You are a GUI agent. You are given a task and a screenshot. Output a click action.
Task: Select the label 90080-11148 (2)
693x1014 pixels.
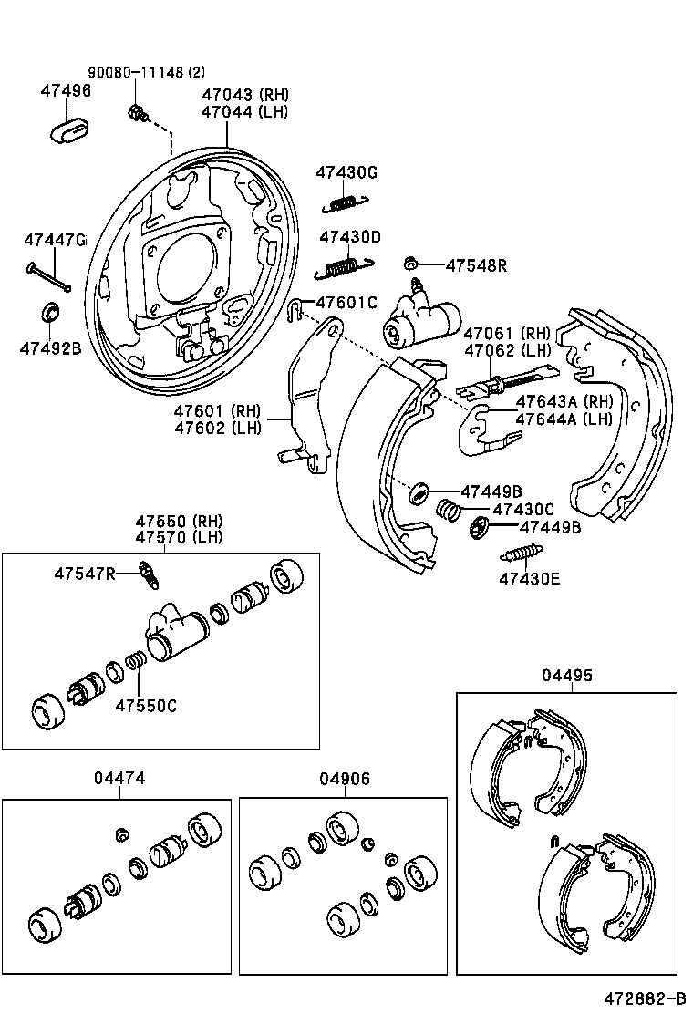(146, 72)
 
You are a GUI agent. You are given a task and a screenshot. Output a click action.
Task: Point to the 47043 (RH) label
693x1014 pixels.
(244, 95)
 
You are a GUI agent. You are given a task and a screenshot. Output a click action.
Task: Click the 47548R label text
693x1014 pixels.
(475, 265)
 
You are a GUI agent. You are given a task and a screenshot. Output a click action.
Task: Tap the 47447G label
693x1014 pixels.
(55, 240)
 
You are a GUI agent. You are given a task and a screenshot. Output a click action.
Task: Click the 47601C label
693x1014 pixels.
(346, 303)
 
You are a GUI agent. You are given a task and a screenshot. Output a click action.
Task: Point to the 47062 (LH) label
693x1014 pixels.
(506, 350)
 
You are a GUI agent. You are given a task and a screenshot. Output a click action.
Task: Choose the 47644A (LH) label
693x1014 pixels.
(564, 419)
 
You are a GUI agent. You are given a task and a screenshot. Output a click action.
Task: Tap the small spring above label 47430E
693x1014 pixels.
(522, 554)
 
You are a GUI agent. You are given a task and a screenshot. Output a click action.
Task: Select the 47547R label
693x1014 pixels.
(85, 573)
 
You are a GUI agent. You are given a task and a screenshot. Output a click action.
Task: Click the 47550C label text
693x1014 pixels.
(145, 705)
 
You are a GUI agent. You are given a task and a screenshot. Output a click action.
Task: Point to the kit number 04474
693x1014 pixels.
(119, 778)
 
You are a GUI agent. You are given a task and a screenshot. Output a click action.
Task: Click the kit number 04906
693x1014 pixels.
(345, 778)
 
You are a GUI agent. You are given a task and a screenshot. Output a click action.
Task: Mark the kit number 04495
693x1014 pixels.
(567, 676)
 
